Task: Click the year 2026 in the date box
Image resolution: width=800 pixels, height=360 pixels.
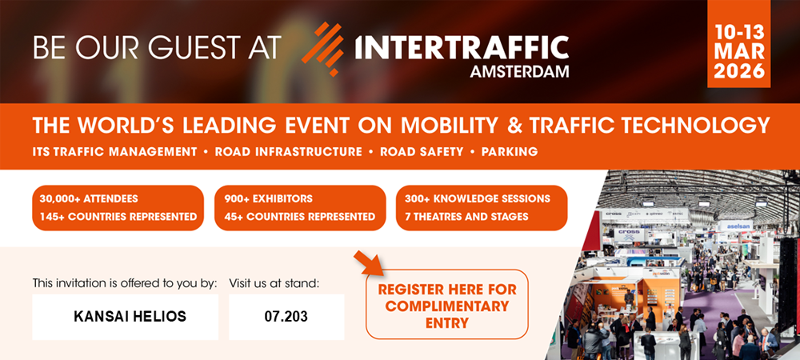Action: (x=739, y=70)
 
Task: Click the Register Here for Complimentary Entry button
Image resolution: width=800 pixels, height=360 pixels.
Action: (x=446, y=306)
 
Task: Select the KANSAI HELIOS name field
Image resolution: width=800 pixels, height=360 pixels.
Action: (x=130, y=317)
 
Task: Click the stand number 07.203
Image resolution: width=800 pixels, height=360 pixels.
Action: (x=286, y=317)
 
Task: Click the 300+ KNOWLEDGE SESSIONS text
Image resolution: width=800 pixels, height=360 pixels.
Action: (x=478, y=198)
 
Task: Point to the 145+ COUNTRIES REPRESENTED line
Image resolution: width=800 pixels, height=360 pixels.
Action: (x=115, y=216)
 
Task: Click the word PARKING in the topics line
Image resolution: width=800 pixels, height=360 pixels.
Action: (x=510, y=151)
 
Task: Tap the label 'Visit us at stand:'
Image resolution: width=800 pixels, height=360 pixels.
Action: (x=274, y=282)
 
